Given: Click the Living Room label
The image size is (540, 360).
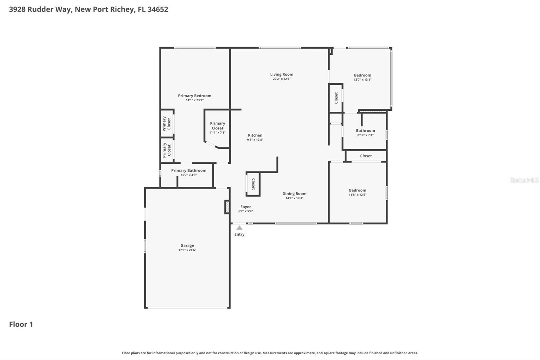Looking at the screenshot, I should tap(281, 74).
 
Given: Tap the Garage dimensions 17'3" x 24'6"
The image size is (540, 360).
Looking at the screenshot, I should tap(187, 250).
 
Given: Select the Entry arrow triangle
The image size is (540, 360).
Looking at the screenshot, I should tap(239, 228).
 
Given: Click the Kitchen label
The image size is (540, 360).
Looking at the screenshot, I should tap(255, 135).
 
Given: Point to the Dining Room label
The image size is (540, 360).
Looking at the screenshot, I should tap(294, 194).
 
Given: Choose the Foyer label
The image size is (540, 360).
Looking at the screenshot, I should tap(245, 207).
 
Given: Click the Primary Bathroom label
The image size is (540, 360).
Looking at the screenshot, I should tap(188, 171).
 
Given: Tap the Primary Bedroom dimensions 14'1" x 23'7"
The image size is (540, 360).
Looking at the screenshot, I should tap(195, 100).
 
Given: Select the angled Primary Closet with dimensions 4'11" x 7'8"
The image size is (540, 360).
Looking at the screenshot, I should tap(217, 128).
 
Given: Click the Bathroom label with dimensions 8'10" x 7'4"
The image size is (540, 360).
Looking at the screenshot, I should tap(365, 131).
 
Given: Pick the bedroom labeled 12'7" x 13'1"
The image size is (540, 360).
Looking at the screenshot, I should tap(362, 77).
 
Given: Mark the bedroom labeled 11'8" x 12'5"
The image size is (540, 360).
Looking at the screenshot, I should tap(357, 192).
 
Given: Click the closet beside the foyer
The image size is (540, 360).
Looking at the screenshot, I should tap(253, 184).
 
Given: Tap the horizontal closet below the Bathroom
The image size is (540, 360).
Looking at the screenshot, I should tap(366, 156).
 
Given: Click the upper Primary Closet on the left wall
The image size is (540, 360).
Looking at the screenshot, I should tap(167, 124).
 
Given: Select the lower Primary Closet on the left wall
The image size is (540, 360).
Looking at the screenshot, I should tap(167, 150).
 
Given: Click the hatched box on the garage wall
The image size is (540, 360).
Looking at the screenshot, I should tap(227, 207).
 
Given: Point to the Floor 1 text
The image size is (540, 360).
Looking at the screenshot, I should tap(21, 324).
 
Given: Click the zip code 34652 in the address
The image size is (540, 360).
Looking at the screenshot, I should tap(158, 9).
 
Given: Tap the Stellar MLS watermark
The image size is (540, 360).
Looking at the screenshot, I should tap(524, 180).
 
